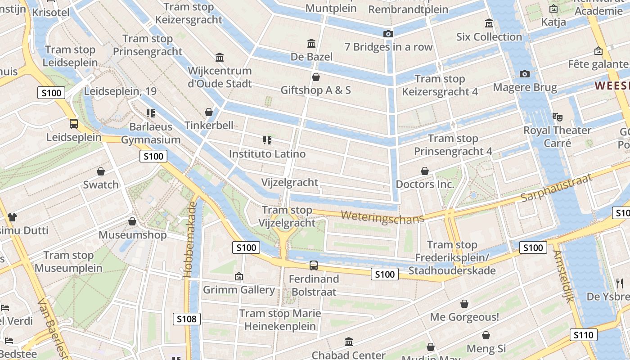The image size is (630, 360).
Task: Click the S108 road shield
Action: [186, 319]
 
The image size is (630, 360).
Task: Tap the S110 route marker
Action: [584, 335]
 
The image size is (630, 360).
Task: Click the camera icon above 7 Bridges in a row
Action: [388, 34]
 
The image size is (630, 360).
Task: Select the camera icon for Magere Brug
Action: [524, 74]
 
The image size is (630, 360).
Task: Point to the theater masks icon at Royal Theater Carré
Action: [558, 117]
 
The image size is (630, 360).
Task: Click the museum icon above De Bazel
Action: [311, 44]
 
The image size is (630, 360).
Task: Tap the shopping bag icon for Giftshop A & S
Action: [315, 77]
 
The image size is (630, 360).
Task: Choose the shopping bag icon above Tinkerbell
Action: [208, 112]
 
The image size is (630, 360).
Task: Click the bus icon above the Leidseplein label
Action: [73, 123]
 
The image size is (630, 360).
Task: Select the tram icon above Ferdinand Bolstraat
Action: [313, 265]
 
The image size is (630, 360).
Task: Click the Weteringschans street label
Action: [382, 217]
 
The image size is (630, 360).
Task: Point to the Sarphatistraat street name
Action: [556, 188]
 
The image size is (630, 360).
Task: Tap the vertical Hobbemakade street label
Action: [191, 239]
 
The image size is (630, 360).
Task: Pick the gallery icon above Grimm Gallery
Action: [239, 276]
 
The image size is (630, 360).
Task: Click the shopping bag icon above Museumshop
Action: [132, 221]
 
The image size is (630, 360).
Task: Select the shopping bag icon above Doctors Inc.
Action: [424, 171]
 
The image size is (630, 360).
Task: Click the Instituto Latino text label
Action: [267, 154]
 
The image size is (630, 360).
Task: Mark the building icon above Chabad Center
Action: [348, 342]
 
